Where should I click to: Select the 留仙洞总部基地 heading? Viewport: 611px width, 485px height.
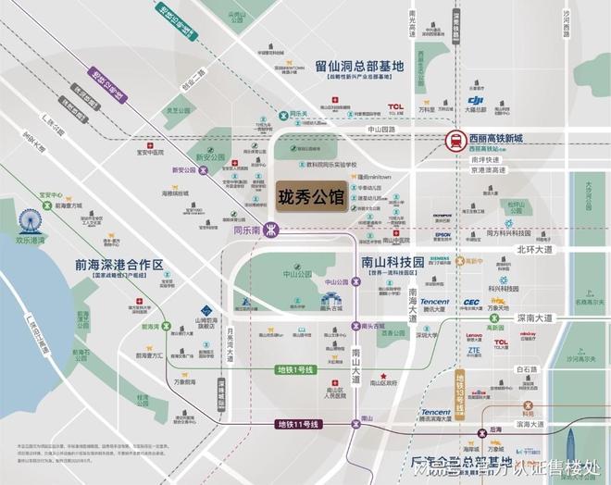pos(359,67)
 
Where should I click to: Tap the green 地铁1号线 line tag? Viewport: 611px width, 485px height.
pos(296,369)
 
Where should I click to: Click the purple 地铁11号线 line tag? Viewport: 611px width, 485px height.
pos(298,424)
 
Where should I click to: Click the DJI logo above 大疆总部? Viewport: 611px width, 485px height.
pos(476,100)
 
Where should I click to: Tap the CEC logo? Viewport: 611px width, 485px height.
pos(471,302)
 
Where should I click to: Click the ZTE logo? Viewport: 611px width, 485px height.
pos(474,351)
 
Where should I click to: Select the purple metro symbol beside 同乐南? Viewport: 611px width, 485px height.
pos(271,230)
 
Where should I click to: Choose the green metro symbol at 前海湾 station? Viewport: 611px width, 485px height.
pos(168,325)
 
